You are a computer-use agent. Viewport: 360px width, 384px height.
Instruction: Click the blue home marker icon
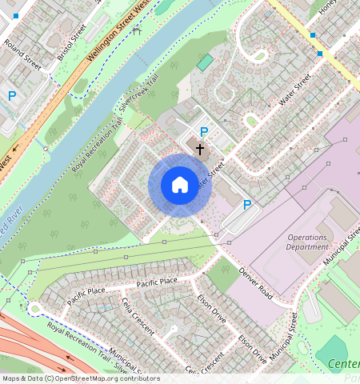pyautogui.click(x=180, y=186)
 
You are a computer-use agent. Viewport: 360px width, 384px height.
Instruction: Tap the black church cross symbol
pyautogui.click(x=200, y=148)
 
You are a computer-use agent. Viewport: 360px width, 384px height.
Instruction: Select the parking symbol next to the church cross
pyautogui.click(x=204, y=132)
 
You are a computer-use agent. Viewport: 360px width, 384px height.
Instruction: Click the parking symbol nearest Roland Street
pyautogui.click(x=12, y=95)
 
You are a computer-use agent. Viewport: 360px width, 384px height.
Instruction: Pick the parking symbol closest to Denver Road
pyautogui.click(x=247, y=205)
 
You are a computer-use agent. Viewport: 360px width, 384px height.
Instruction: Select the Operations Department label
pyautogui.click(x=307, y=242)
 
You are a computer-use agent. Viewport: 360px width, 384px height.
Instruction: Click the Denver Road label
pyautogui.click(x=256, y=284)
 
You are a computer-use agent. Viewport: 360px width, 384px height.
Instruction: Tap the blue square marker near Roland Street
pyautogui.click(x=15, y=15)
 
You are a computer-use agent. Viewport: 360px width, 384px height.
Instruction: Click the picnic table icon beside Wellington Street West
pyautogui.click(x=137, y=30)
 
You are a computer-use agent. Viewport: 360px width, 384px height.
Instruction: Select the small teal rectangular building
pyautogui.click(x=206, y=62)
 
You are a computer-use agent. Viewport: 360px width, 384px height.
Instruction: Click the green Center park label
pyautogui.click(x=344, y=366)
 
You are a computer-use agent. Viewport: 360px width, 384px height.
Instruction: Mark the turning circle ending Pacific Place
pyautogui.click(x=34, y=309)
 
